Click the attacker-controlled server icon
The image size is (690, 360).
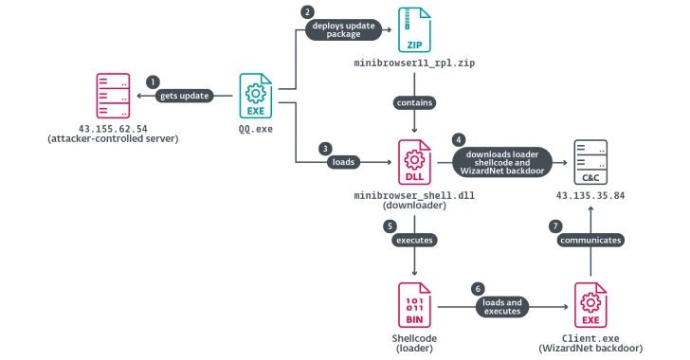[113, 96]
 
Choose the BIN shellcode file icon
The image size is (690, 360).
[415, 303]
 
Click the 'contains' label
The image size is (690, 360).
[415, 101]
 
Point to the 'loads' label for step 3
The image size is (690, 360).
[343, 161]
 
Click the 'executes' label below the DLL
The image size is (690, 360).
[415, 241]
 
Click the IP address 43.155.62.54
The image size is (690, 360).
[113, 128]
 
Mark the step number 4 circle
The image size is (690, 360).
[460, 138]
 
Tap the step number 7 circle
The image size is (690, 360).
[556, 225]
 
